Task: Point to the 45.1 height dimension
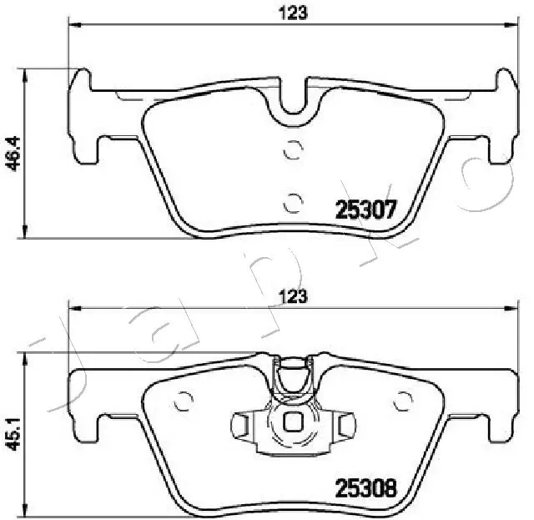[x=12, y=433]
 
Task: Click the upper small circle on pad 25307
[x=292, y=151]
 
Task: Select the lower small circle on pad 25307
[x=292, y=201]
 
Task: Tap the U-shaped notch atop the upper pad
[x=293, y=98]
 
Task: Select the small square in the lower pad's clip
[x=293, y=422]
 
